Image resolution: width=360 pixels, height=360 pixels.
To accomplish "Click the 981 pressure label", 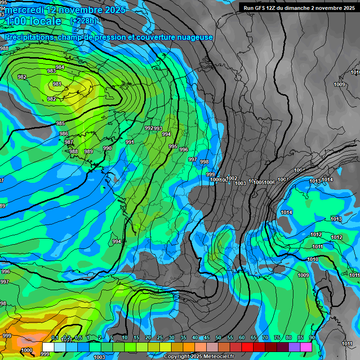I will pos(57,84).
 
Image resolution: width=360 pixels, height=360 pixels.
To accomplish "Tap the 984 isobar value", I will pos(60,67).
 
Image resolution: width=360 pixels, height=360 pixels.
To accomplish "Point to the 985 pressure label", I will pos(60,124).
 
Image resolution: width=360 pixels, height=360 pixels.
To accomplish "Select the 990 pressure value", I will pos(107,148).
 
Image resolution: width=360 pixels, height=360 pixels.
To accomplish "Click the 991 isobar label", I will pos(130,142).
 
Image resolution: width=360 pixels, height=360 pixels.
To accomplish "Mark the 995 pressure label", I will pos(173,147).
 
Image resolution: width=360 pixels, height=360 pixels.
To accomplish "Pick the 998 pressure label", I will pos(204,162).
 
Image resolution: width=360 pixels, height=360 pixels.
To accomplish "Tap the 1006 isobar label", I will pos(270,182).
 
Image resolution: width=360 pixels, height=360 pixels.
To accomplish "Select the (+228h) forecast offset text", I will pos(83,21).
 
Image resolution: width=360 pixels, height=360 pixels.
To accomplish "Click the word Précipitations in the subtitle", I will pos(29,37).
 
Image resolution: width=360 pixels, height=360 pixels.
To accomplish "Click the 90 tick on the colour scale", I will pos(312,338).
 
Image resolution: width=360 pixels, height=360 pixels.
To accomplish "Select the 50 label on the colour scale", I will pos(218,338).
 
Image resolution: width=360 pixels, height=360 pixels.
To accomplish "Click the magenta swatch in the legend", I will pos(306,346).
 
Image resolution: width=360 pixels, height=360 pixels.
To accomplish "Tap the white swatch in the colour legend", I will pos(48,346).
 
